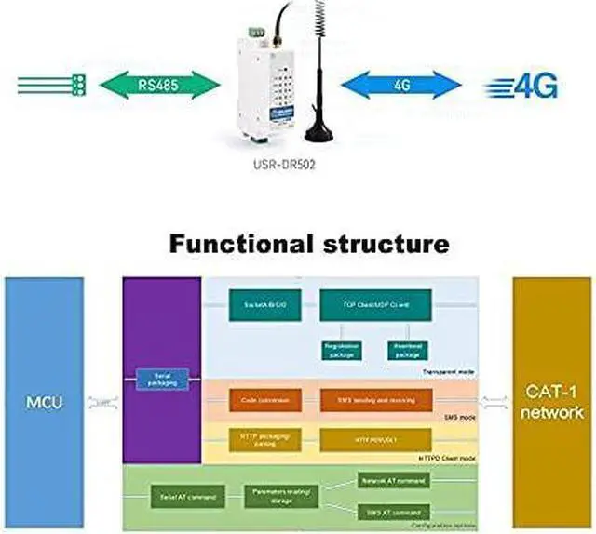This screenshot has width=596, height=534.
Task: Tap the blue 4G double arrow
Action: click(x=401, y=87)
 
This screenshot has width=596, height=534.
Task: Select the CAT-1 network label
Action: click(x=553, y=402)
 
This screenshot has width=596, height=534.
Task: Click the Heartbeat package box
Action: click(x=405, y=351)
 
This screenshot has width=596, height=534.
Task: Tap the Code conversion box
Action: click(x=265, y=400)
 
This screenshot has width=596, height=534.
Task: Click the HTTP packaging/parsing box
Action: click(x=265, y=438)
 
